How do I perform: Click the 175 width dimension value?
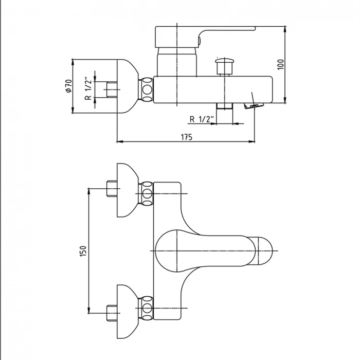(186, 137)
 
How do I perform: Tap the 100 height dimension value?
(280, 64)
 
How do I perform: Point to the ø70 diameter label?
(68, 86)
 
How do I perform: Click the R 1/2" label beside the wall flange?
(88, 89)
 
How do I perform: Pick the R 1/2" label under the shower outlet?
(201, 119)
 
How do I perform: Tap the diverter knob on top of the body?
(224, 66)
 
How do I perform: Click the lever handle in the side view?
(206, 34)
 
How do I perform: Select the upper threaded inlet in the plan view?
(111, 189)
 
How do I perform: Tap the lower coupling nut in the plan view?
(148, 308)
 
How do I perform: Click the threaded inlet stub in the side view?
(111, 88)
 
